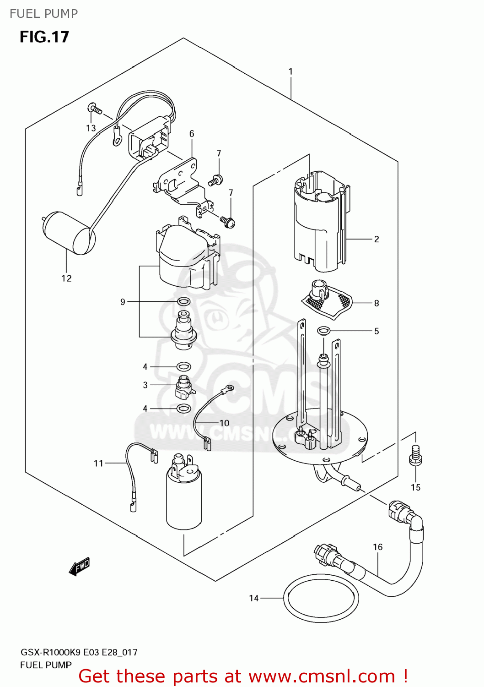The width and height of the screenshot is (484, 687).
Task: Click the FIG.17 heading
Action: click(x=44, y=37)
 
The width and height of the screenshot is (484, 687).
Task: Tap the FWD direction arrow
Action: click(x=80, y=567)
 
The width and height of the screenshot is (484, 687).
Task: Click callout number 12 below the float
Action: click(x=66, y=278)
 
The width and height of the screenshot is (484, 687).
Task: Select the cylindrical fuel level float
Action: click(x=69, y=233)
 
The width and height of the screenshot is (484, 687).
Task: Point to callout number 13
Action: click(x=91, y=128)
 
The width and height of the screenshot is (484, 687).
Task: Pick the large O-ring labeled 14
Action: click(x=321, y=598)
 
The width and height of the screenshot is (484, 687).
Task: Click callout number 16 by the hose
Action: click(x=377, y=547)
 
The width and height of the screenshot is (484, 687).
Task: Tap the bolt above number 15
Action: click(x=415, y=456)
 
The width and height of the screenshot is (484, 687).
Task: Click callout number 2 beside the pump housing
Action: click(x=376, y=239)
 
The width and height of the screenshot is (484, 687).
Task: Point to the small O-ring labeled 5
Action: click(x=323, y=330)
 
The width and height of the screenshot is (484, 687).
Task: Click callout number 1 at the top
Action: click(x=290, y=71)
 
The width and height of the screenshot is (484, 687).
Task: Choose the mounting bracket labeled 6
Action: click(x=181, y=181)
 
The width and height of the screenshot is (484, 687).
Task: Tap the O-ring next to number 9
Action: click(x=183, y=302)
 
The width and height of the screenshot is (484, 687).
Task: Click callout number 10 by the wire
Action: click(x=224, y=423)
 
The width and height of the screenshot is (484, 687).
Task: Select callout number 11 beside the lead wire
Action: click(x=98, y=463)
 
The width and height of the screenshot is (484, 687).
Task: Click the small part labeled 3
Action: click(x=184, y=387)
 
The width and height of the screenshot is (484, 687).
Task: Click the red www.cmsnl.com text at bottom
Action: click(x=323, y=676)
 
